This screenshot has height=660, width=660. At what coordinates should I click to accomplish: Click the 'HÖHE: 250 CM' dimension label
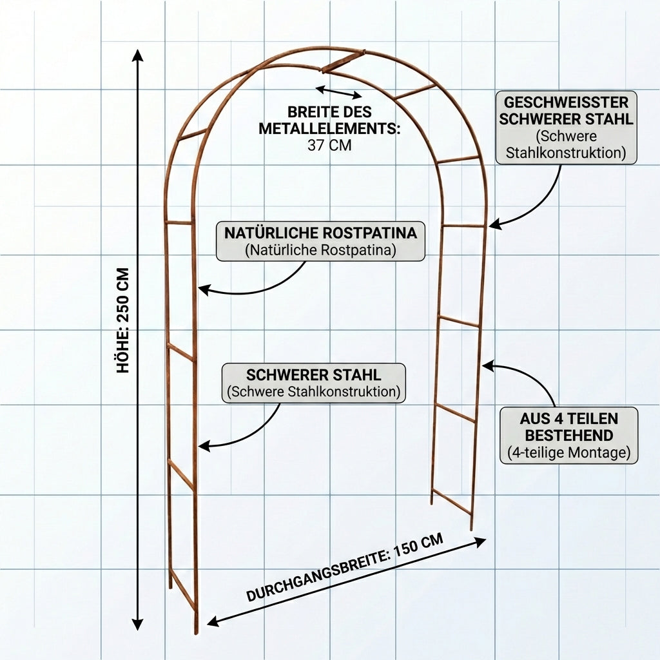[x=123, y=320]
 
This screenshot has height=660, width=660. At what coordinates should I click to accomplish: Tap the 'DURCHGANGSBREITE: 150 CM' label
[x=344, y=568]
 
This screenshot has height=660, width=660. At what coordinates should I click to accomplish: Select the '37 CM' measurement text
[x=329, y=145]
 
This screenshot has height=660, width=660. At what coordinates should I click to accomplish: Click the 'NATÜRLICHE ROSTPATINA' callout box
[x=320, y=241]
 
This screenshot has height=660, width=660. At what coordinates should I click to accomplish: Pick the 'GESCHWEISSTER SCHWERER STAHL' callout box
[x=566, y=128]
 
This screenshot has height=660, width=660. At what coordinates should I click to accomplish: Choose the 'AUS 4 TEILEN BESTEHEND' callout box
[x=568, y=436]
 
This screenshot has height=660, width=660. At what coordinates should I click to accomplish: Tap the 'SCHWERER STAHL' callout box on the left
[x=314, y=383]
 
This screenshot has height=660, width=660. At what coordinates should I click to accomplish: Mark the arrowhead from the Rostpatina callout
[x=203, y=289]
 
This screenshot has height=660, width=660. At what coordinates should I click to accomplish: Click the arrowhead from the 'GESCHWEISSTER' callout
[x=495, y=224]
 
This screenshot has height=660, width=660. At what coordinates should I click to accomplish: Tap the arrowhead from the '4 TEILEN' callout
[x=489, y=365]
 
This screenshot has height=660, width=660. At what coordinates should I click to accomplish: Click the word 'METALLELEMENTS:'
[x=329, y=128]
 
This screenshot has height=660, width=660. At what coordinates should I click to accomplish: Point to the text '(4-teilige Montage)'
[x=568, y=453]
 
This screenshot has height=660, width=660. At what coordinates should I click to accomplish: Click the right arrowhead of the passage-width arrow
[x=480, y=541]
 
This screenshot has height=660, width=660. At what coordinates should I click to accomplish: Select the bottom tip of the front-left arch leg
[x=196, y=633]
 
